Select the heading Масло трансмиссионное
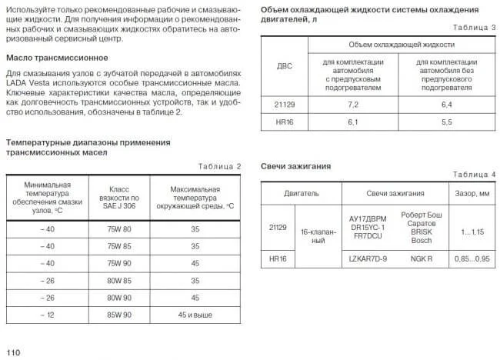pos(57,58)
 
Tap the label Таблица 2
pos(219,166)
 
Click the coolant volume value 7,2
pos(354,102)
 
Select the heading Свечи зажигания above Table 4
pos(295,165)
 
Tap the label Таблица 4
pos(475,175)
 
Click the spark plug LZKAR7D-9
pos(368,259)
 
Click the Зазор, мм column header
pos(470,193)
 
